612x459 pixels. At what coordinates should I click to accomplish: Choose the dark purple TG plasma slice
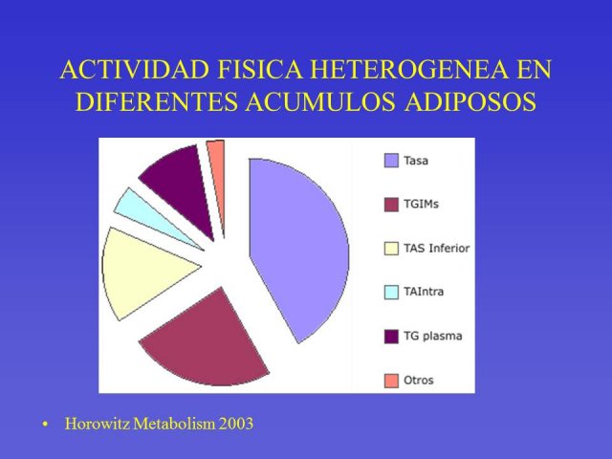pyautogui.click(x=180, y=184)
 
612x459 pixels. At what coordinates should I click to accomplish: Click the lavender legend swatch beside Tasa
pyautogui.click(x=391, y=161)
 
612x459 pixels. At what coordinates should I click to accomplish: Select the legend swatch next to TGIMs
pyautogui.click(x=391, y=205)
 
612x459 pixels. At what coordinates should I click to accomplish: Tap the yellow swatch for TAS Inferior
pyautogui.click(x=391, y=249)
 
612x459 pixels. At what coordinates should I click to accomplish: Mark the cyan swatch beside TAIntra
pyautogui.click(x=391, y=293)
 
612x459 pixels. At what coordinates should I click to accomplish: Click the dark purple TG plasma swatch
pyautogui.click(x=391, y=337)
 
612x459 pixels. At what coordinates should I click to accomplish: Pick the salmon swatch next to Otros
pyautogui.click(x=391, y=381)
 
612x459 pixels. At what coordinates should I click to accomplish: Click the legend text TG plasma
pyautogui.click(x=433, y=337)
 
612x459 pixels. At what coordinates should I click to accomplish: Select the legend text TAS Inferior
pyautogui.click(x=436, y=249)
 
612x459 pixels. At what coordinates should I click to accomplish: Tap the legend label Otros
pyautogui.click(x=419, y=381)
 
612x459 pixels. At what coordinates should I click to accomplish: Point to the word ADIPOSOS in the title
pyautogui.click(x=470, y=101)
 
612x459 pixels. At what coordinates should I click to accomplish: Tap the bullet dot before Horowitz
pyautogui.click(x=46, y=425)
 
